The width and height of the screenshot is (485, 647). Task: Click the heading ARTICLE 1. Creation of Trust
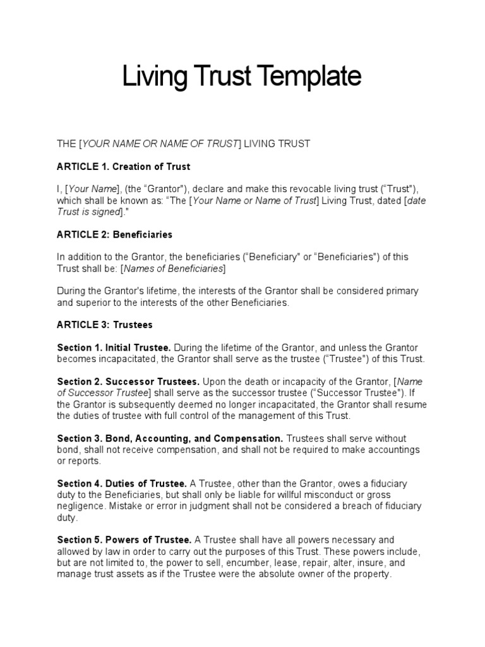tap(123, 167)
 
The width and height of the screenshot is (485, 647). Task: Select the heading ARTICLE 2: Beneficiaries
tap(114, 234)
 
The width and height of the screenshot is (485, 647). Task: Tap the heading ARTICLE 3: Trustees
tap(105, 325)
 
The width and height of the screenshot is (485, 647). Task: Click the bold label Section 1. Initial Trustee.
tap(114, 348)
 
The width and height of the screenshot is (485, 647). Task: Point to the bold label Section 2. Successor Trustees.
tap(128, 382)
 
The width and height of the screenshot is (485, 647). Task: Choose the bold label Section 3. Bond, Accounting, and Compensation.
tap(170, 438)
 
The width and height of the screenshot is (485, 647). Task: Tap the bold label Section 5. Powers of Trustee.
tap(124, 540)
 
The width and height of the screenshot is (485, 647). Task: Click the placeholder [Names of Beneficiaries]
tap(172, 269)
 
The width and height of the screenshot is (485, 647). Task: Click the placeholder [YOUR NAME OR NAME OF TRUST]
tap(159, 144)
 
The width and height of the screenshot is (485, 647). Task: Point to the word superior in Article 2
tap(95, 303)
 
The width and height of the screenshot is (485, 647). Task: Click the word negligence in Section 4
tap(81, 507)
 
